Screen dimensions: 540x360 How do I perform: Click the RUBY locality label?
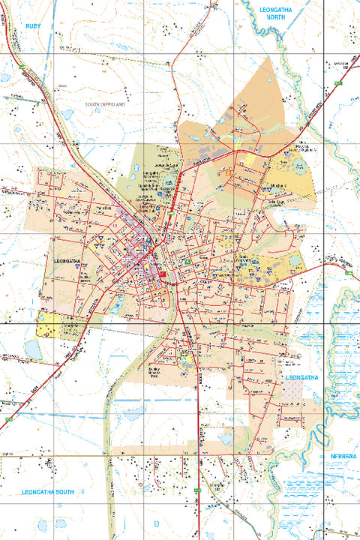pyautogui.click(x=32, y=25)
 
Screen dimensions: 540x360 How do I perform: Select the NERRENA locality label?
pyautogui.click(x=343, y=456)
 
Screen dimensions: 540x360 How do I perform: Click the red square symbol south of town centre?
pyautogui.click(x=160, y=275)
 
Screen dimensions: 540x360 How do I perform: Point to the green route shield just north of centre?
pyautogui.click(x=171, y=215)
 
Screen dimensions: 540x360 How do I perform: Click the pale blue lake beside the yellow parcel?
pyautogui.click(x=33, y=349)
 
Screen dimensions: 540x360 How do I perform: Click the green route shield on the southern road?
pyautogui.click(x=196, y=491)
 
